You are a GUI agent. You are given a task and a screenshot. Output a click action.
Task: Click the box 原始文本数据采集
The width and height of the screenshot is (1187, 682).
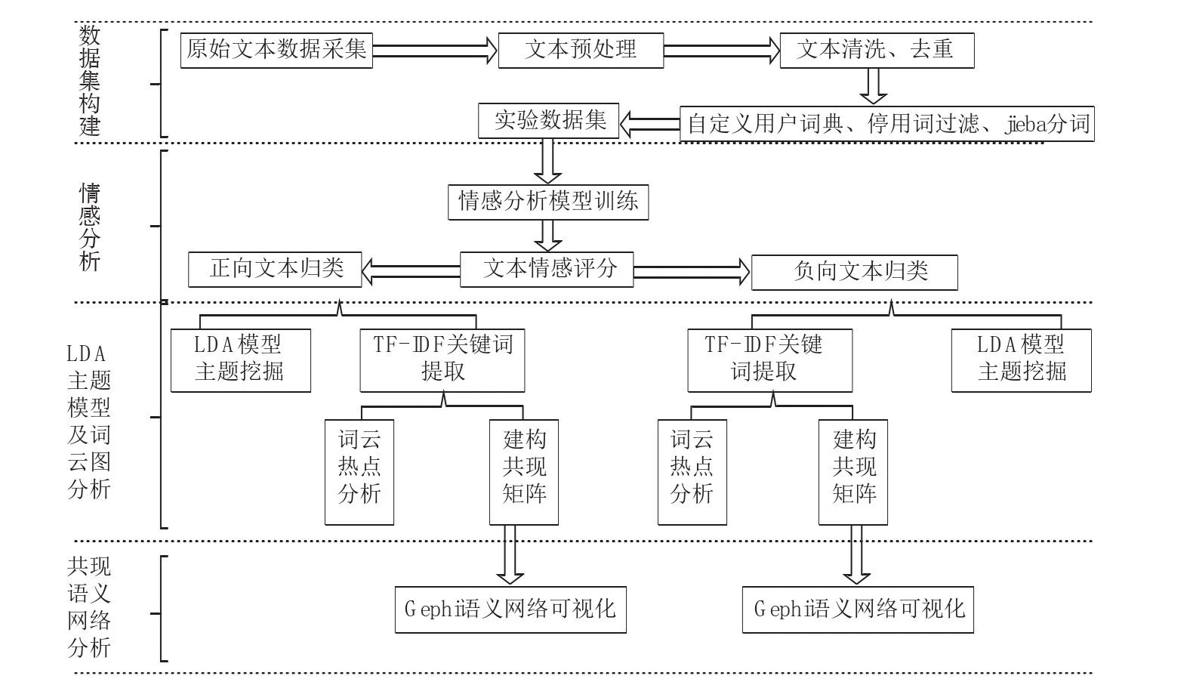[x=276, y=51]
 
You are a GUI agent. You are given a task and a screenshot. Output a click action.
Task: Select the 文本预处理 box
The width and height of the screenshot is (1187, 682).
[x=581, y=51]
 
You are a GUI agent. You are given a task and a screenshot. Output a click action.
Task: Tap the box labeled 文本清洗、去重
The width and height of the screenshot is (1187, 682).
[x=877, y=51]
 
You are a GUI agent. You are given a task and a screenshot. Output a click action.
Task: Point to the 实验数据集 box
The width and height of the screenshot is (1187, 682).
[x=548, y=121]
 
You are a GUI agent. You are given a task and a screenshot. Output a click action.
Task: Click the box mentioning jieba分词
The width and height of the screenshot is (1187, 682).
[x=887, y=124]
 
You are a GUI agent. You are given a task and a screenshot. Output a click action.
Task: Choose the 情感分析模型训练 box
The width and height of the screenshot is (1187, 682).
[x=548, y=202]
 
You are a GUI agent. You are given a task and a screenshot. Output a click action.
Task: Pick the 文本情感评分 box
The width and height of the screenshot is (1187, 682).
[x=547, y=270]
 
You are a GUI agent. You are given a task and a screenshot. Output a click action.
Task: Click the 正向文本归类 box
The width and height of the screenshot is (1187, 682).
[x=275, y=270]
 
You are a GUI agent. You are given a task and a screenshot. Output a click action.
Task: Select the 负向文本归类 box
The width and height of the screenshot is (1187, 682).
[x=855, y=273]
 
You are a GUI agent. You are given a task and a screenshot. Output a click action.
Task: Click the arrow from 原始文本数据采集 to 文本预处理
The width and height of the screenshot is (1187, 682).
[x=435, y=51]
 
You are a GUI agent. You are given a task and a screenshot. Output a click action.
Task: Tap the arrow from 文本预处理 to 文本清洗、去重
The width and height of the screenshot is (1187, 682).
[x=722, y=51]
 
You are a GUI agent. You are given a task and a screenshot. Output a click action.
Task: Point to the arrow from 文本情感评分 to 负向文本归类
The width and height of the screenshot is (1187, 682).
[x=692, y=273]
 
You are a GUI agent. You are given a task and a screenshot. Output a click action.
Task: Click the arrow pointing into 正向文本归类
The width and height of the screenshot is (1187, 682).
[x=411, y=272]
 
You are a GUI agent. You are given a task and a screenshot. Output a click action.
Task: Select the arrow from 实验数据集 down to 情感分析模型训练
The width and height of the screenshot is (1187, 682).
[x=547, y=161]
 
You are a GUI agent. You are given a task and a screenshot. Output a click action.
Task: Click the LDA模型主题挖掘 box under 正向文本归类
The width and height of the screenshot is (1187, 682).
[x=241, y=360]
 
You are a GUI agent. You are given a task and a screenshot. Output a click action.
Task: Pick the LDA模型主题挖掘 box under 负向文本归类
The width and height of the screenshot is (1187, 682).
[x=1021, y=360]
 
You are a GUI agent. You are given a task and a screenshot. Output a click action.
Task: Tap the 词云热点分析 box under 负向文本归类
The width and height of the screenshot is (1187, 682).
[x=692, y=472]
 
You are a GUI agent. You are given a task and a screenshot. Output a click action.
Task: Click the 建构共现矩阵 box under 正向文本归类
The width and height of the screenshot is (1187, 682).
[x=523, y=472]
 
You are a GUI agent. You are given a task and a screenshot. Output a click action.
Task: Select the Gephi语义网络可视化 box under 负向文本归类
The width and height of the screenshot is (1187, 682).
[x=858, y=609]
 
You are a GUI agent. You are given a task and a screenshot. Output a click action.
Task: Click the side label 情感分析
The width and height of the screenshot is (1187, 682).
[x=90, y=227]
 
